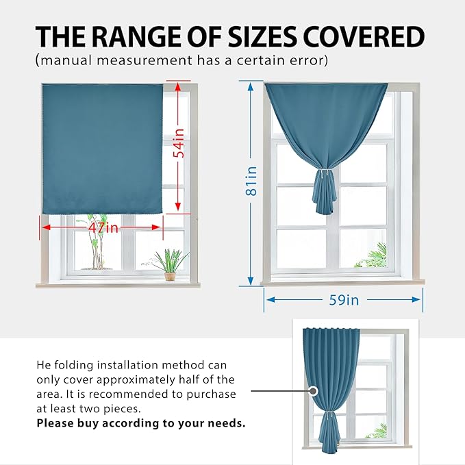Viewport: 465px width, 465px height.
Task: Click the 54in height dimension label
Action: (179, 143)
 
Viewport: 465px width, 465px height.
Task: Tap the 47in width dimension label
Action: (103, 228)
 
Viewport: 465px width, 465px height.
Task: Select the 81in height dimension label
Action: (251, 181)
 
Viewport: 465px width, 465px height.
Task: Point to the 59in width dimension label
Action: (344, 300)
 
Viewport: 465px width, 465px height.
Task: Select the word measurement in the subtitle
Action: (144, 60)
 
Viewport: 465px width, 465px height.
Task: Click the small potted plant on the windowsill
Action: (171, 266)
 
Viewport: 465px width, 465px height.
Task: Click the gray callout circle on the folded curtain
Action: (312, 391)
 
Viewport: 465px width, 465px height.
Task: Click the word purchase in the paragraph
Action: (211, 395)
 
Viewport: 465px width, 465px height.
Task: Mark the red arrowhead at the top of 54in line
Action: (178, 87)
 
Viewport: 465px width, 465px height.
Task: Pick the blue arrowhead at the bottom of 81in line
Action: (251, 281)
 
